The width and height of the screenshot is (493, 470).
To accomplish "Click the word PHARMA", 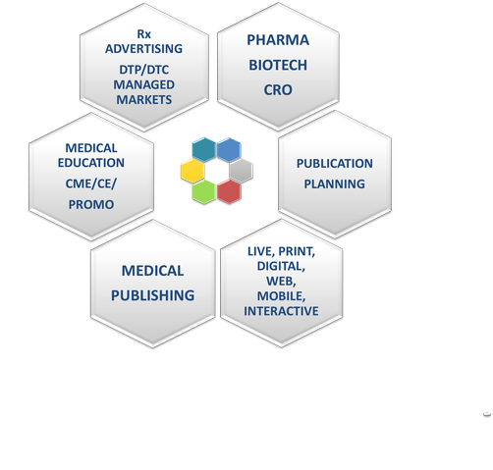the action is (278, 40).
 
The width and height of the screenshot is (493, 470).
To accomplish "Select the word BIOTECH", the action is (278, 65).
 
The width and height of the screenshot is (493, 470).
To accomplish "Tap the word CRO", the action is (278, 90).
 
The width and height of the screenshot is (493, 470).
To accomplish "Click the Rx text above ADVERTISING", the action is (143, 33).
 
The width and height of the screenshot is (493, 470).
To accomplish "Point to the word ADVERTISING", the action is (143, 48).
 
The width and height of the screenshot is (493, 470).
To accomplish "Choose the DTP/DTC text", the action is (143, 70).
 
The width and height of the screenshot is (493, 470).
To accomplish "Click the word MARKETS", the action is (143, 99).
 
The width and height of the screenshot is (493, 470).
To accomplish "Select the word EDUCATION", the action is (91, 163).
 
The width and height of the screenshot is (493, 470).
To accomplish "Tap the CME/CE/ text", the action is (91, 183).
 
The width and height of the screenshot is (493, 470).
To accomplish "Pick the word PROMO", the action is (91, 204).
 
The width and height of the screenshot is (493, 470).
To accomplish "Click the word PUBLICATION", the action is (335, 163).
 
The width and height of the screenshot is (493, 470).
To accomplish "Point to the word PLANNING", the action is (335, 183).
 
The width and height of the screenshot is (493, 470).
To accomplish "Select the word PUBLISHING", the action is (152, 295).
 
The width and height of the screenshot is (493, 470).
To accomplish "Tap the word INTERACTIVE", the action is (281, 311).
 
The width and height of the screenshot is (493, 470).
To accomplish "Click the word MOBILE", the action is (281, 296).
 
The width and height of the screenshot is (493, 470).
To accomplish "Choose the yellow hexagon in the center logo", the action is (192, 171).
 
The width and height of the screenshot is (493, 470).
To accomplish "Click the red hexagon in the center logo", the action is (229, 191).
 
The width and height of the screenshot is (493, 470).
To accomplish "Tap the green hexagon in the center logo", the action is (204, 192).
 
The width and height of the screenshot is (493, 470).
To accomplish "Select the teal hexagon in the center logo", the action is (204, 149).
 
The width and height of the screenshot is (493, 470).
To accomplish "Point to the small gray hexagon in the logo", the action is (241, 171).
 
